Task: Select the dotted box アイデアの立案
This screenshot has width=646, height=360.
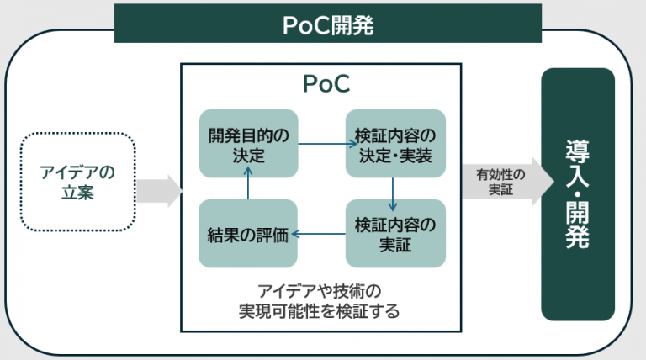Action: click(x=77, y=182)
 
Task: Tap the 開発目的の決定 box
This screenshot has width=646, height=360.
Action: click(x=247, y=144)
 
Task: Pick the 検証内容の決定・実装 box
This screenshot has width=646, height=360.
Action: click(x=394, y=144)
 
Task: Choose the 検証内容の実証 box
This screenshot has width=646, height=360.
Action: click(x=394, y=234)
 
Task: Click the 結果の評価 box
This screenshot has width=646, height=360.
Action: click(x=247, y=234)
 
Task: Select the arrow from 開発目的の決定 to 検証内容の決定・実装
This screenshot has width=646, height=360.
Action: click(x=321, y=144)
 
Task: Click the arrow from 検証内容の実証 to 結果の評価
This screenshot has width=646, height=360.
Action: click(x=321, y=235)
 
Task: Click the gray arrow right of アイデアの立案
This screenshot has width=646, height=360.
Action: click(x=159, y=189)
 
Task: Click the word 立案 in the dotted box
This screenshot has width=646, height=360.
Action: click(x=77, y=193)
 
